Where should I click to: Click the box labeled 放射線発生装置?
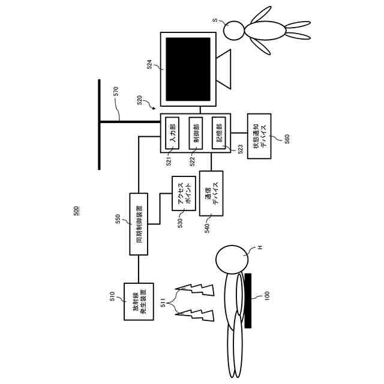(x=139, y=301)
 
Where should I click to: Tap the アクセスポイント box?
(x=184, y=194)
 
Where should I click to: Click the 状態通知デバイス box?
(x=259, y=136)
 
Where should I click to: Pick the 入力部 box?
(x=173, y=133)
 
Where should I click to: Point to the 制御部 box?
(x=195, y=133)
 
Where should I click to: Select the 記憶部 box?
(x=218, y=133)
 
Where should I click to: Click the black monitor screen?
(x=188, y=69)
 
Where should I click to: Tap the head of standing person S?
(x=233, y=29)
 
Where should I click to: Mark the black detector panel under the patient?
(x=248, y=300)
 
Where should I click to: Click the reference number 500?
(x=76, y=211)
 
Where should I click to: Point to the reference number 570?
(x=116, y=92)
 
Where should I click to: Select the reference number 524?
(x=149, y=64)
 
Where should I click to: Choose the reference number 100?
(x=267, y=296)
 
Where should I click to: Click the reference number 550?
(x=118, y=219)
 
